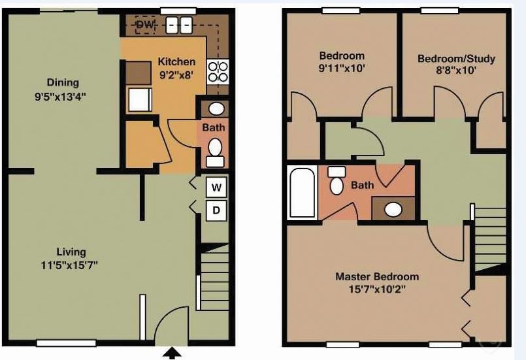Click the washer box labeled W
(x=216, y=188)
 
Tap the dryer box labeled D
(x=216, y=211)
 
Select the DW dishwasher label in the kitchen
(x=144, y=25)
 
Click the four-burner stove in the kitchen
(x=218, y=71)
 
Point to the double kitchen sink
(x=178, y=25)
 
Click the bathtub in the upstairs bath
(x=303, y=191)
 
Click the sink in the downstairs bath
(x=214, y=108)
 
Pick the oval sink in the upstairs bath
(x=393, y=210)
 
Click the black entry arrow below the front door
(x=172, y=353)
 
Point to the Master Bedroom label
(x=377, y=276)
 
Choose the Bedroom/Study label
(x=456, y=59)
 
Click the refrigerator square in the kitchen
(x=138, y=100)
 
